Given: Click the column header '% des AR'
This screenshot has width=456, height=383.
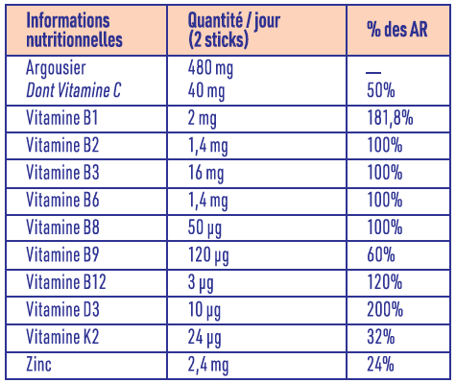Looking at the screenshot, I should (x=398, y=30).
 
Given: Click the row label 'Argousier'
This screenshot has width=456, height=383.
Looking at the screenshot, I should (x=61, y=70).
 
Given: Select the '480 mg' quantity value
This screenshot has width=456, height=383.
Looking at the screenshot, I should (x=214, y=70).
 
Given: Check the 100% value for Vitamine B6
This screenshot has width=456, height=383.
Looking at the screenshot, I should (x=384, y=201).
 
